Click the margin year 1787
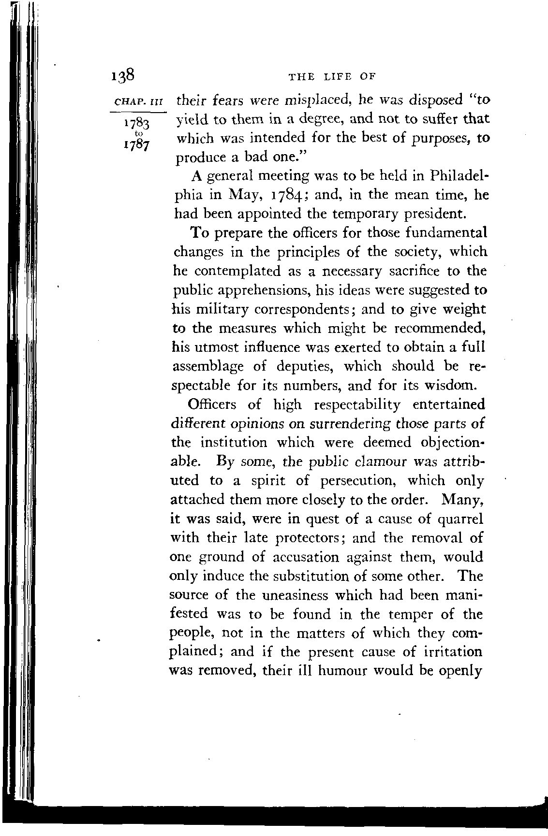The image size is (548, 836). [x=137, y=144]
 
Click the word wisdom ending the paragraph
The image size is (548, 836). [x=455, y=386]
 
